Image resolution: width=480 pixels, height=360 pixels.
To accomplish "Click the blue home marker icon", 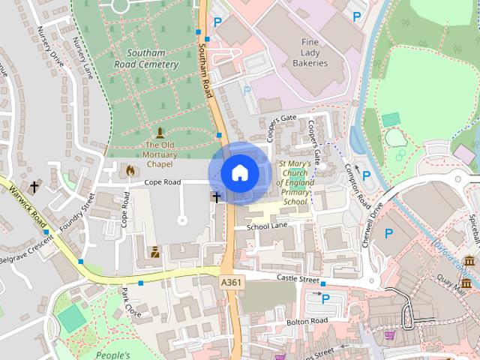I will tap(239, 173).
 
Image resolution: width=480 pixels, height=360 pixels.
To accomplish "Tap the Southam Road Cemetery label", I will tap(152, 59).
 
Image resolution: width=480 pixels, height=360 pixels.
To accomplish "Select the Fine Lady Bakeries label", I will tap(314, 53).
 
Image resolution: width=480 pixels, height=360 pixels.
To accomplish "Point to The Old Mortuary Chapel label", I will tap(159, 154).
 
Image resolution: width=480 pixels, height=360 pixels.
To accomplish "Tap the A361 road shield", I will tap(232, 280).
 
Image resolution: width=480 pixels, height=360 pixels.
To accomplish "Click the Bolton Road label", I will tap(307, 321).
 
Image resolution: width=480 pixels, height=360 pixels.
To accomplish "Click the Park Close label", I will tap(131, 301).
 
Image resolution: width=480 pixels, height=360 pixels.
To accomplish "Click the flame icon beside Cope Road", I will tap(131, 171).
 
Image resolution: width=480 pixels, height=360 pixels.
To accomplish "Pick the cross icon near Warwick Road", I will tap(34, 186).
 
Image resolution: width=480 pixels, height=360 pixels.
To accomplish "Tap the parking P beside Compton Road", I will tap(366, 175).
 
